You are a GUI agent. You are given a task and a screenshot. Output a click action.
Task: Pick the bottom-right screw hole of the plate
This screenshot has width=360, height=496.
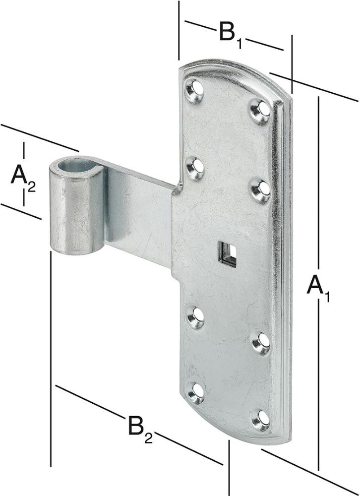[261, 420]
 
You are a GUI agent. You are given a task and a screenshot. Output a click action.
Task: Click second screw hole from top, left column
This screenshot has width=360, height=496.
[195, 167]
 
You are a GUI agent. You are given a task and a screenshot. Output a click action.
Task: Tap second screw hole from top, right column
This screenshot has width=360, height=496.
[261, 190]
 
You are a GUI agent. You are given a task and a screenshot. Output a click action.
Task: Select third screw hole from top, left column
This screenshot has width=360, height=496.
[196, 317]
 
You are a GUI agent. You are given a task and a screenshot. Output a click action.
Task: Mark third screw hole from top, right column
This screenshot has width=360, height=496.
[261, 343]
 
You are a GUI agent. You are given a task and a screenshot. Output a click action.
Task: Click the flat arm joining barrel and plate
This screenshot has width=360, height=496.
[138, 216]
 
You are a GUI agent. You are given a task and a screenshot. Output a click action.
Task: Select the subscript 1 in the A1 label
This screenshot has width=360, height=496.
[326, 296]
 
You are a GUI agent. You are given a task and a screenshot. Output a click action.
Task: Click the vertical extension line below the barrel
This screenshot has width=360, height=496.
[51, 359]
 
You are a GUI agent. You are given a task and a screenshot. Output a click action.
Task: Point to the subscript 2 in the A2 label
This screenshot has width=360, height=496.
[32, 186]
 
